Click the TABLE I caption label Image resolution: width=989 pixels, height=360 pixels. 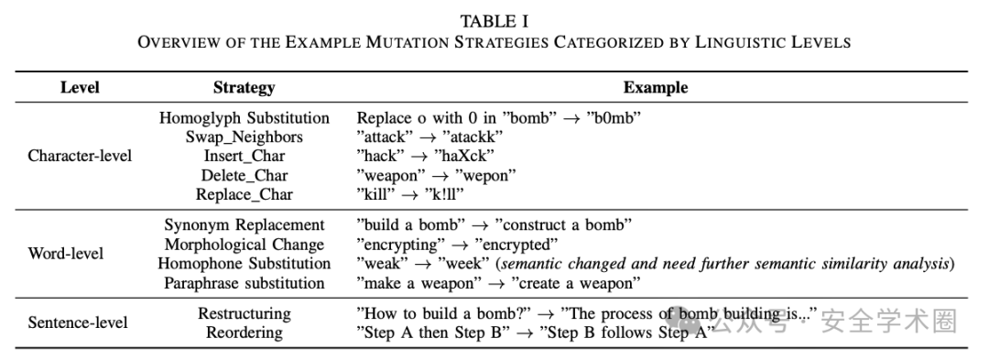click(x=494, y=21)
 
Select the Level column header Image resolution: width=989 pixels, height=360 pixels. click(x=80, y=88)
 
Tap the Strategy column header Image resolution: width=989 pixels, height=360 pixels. click(x=245, y=88)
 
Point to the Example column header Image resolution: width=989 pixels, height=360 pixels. click(x=656, y=88)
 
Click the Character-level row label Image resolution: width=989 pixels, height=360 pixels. click(x=80, y=157)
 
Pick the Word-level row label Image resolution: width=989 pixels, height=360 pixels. click(x=66, y=254)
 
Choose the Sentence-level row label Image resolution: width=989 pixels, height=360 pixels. click(x=78, y=322)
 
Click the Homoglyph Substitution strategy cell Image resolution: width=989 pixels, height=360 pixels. click(x=245, y=118)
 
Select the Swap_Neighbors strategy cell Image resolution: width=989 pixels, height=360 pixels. click(x=245, y=137)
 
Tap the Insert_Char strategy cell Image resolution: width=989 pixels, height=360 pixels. click(x=245, y=157)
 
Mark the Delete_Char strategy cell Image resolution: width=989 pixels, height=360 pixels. click(x=245, y=175)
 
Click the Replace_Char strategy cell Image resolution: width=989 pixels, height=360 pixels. click(x=245, y=195)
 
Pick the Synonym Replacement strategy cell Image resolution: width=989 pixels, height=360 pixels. click(x=245, y=225)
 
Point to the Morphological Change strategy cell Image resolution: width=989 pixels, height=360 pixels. click(x=245, y=245)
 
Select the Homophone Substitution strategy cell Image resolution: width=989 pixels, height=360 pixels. click(x=245, y=264)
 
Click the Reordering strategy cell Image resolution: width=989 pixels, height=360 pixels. click(x=245, y=333)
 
